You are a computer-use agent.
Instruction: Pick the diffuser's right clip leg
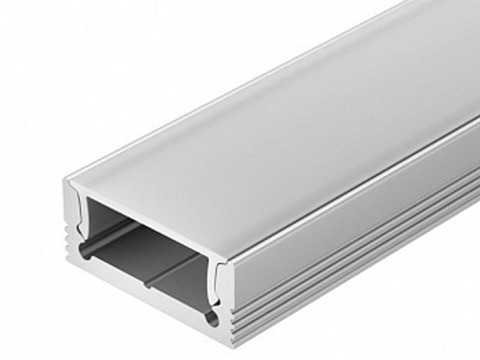220,282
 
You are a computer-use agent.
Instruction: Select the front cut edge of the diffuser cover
150,221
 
